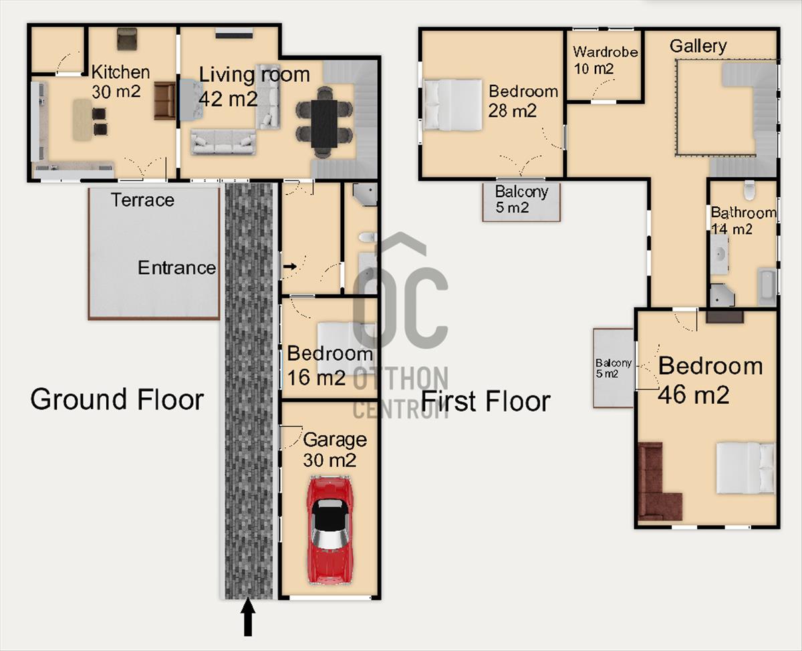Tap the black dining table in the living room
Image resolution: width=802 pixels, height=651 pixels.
[x=324, y=124]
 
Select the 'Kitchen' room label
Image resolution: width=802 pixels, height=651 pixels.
[x=120, y=72]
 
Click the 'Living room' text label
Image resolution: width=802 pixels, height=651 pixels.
[x=254, y=74]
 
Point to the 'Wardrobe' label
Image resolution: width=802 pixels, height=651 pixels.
[x=606, y=52]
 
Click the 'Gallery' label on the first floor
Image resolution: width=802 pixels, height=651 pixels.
[x=698, y=46]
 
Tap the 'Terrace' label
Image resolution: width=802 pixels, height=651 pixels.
[x=143, y=200]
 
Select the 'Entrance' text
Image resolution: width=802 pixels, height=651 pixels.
[x=176, y=268]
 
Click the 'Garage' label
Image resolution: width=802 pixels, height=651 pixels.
[x=335, y=439]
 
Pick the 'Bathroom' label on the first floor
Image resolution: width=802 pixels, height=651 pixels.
[x=744, y=213]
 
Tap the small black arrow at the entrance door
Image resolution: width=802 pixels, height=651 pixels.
[x=290, y=267]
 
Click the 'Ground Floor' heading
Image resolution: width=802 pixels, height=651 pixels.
[x=117, y=400]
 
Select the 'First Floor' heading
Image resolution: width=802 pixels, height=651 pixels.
[x=485, y=402]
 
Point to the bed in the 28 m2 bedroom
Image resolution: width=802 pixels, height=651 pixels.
[x=452, y=105]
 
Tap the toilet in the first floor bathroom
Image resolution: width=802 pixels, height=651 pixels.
[x=749, y=190]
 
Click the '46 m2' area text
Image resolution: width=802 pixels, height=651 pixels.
[x=694, y=395]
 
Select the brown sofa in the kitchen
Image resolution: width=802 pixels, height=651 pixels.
[x=165, y=101]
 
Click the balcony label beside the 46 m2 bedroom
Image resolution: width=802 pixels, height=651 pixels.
[x=613, y=368]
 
